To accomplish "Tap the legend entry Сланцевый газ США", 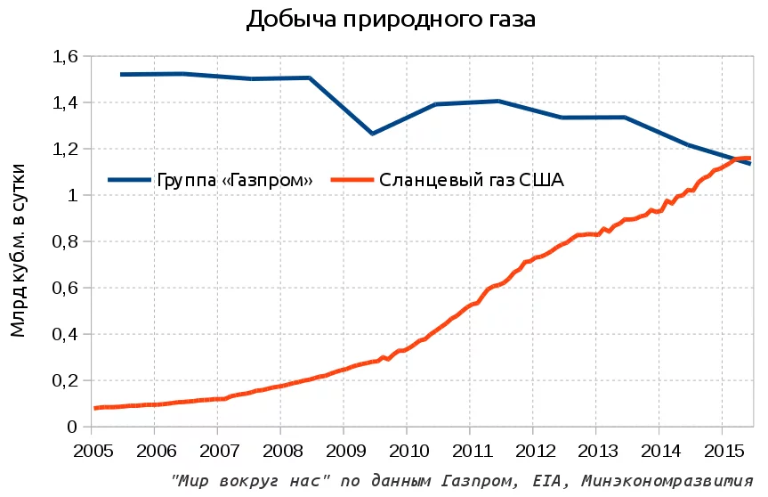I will tap(472, 180).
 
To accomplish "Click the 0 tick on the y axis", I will tap(73, 428).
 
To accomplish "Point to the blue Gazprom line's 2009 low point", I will tap(372, 134).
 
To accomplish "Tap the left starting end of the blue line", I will tap(121, 75).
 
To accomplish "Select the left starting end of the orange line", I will tap(94, 408).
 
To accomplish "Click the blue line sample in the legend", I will tap(130, 180).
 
